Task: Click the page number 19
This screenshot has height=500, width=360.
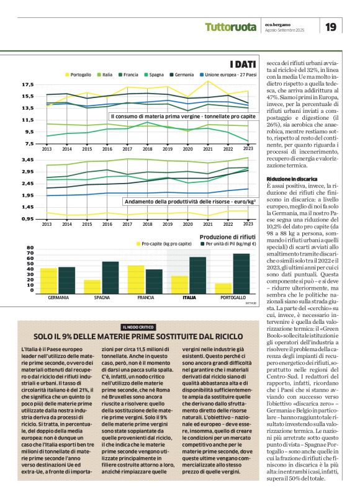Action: pyautogui.click(x=331, y=27)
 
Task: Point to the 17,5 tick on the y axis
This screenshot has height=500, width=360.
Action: pyautogui.click(x=27, y=84)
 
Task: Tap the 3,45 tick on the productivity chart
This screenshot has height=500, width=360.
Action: pyautogui.click(x=27, y=160)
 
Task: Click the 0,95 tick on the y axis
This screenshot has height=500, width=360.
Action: pyautogui.click(x=27, y=219)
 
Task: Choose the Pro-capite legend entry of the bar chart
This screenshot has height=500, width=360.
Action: pyautogui.click(x=164, y=244)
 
